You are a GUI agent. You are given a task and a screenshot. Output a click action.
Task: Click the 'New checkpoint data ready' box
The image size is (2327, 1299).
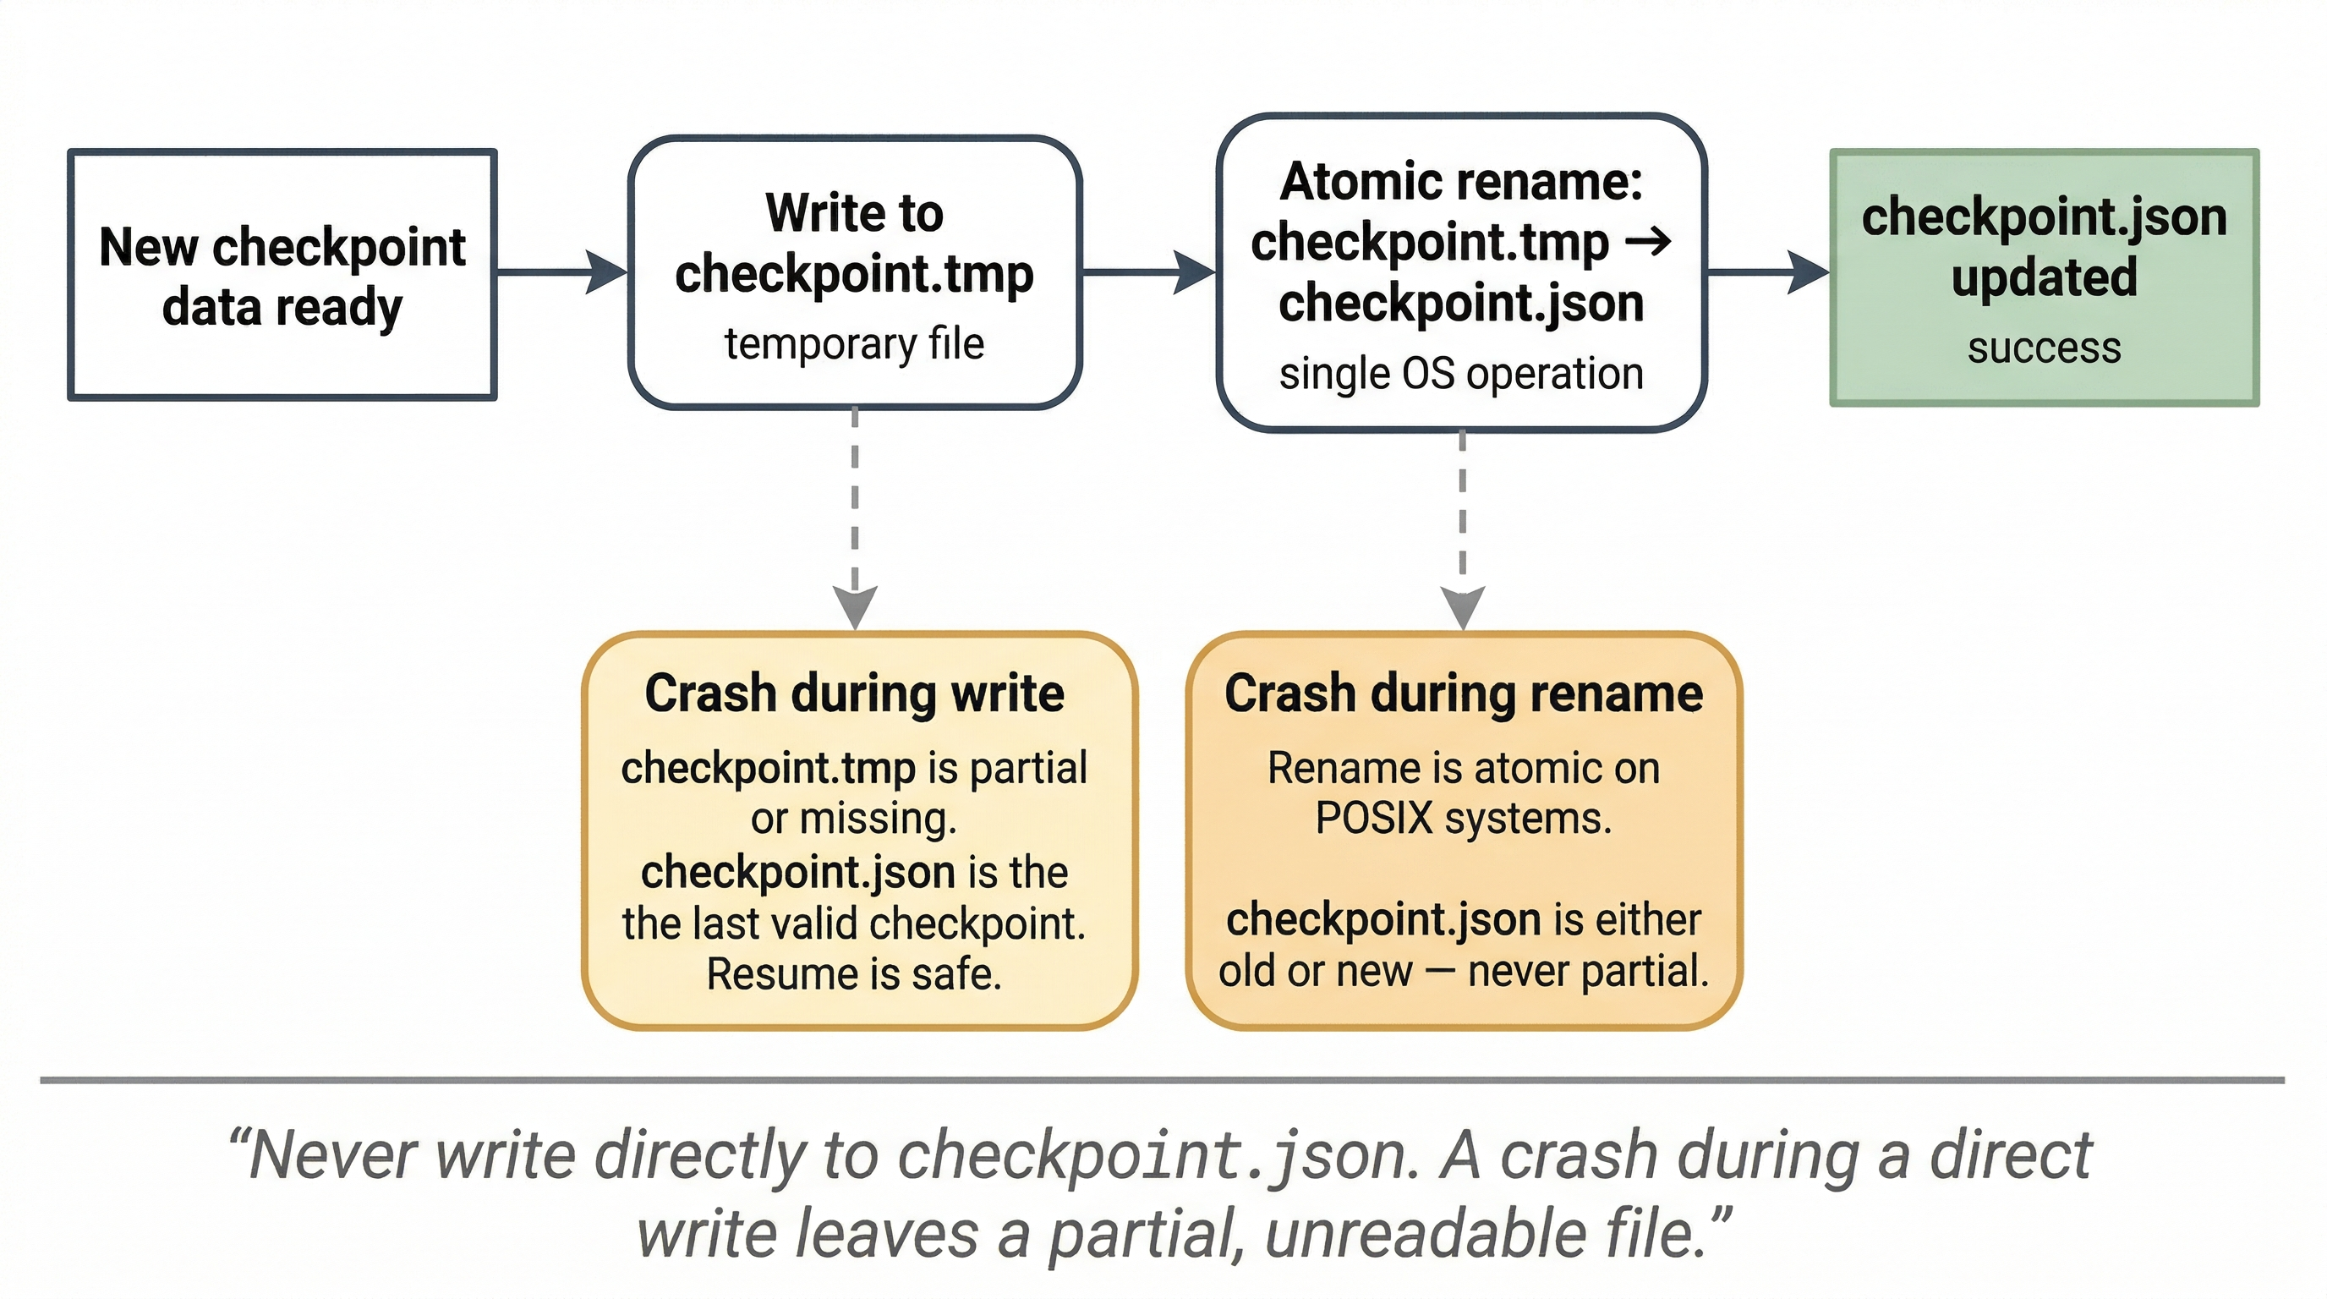click(x=282, y=275)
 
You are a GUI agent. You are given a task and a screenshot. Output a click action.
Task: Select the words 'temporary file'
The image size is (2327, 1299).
click(x=854, y=344)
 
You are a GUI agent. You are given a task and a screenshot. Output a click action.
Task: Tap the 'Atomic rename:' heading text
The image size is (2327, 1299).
click(x=1460, y=182)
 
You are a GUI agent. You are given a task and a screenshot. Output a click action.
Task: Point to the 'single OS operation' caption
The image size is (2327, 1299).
click(x=1460, y=373)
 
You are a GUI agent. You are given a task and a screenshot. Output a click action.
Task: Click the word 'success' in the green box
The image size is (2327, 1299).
click(x=2044, y=348)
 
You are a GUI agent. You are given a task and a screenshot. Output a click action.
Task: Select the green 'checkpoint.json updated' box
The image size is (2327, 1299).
click(x=2044, y=277)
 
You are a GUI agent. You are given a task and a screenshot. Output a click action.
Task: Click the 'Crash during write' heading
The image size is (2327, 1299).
click(x=854, y=693)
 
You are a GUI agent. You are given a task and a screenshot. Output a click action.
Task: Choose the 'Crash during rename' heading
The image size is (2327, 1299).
click(x=1464, y=693)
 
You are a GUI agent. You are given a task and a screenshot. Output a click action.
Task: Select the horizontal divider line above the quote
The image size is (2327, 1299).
click(x=1162, y=1079)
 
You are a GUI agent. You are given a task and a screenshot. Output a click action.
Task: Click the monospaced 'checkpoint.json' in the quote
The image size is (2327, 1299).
click(x=1152, y=1155)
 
